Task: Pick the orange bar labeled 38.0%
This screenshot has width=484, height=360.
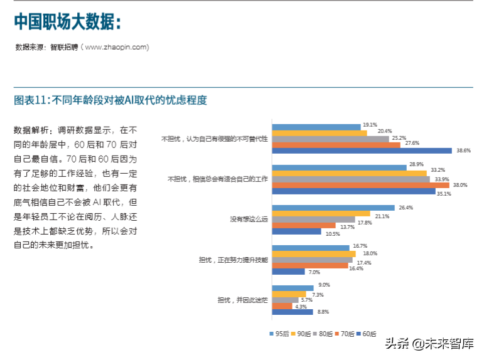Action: pyautogui.click(x=360, y=186)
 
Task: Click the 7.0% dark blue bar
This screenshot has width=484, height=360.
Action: pyautogui.click(x=289, y=272)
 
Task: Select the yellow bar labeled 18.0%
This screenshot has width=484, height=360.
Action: pyautogui.click(x=314, y=253)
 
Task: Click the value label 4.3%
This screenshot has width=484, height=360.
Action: pyautogui.click(x=301, y=306)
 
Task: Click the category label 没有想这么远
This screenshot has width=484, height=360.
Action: pyautogui.click(x=249, y=220)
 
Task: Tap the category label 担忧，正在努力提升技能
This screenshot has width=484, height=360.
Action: pyautogui.click(x=233, y=260)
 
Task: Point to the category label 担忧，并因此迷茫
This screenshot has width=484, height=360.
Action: pyautogui.click(x=242, y=300)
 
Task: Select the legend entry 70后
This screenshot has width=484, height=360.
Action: pyautogui.click(x=343, y=334)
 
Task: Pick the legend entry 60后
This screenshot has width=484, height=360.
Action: pyautogui.click(x=364, y=334)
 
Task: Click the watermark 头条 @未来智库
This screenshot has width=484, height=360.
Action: pyautogui.click(x=429, y=342)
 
